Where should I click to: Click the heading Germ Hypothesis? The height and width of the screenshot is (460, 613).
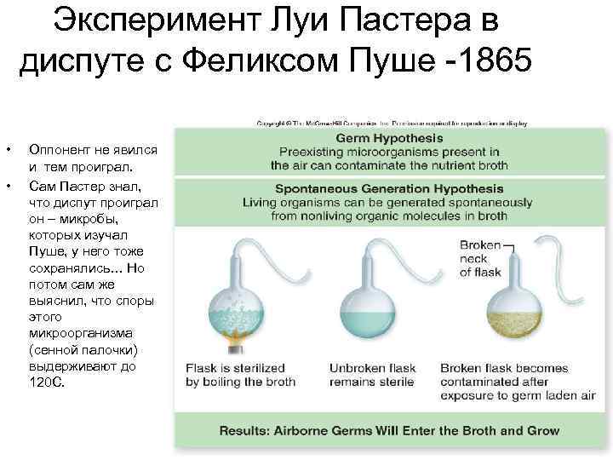point(389,138)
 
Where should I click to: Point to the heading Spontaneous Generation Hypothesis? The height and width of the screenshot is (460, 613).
point(388,189)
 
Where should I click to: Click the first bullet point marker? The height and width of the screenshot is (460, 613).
point(8,149)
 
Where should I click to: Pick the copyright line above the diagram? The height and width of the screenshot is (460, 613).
point(392,123)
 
